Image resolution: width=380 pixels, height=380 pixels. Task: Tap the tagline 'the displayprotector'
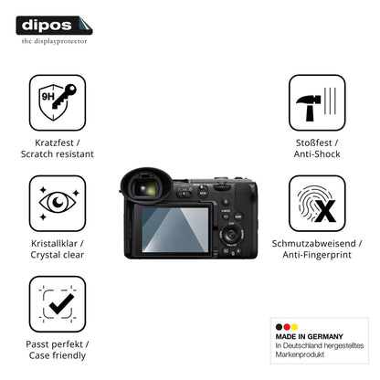pyautogui.click(x=54, y=41)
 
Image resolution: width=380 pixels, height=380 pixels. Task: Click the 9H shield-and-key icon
pyautogui.click(x=58, y=102)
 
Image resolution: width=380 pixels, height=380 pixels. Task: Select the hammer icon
pyautogui.click(x=317, y=102)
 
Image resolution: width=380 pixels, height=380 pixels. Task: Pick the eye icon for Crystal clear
pyautogui.click(x=58, y=203)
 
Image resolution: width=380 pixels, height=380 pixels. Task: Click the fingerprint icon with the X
pyautogui.click(x=317, y=204)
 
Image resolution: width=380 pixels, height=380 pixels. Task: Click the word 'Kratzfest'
pyautogui.click(x=54, y=142)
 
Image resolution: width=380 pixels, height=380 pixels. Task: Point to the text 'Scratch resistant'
pyautogui.click(x=58, y=154)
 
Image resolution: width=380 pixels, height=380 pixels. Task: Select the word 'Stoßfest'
pyautogui.click(x=313, y=142)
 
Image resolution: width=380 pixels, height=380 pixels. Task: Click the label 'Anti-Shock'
pyautogui.click(x=317, y=154)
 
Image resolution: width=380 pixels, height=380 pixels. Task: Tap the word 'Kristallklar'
pyautogui.click(x=54, y=244)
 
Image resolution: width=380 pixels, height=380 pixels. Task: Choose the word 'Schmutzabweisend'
pyautogui.click(x=313, y=244)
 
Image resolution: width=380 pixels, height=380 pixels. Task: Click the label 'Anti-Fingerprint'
pyautogui.click(x=317, y=255)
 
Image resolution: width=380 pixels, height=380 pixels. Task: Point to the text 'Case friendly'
pyautogui.click(x=58, y=355)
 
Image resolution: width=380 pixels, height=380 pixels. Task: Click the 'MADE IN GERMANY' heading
pyautogui.click(x=309, y=336)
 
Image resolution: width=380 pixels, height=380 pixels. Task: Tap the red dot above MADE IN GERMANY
pyautogui.click(x=287, y=327)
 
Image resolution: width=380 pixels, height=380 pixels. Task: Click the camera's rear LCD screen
pyautogui.click(x=175, y=230)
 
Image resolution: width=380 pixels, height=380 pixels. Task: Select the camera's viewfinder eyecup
pyautogui.click(x=145, y=185)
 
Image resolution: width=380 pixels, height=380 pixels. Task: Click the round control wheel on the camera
pyautogui.click(x=232, y=235)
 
